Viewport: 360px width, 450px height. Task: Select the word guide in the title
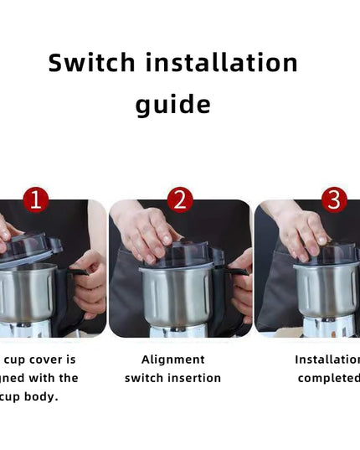173,106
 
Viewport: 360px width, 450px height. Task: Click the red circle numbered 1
34,199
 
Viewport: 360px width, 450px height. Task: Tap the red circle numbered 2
180,199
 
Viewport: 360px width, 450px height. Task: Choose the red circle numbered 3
334,199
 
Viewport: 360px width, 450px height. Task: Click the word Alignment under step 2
173,359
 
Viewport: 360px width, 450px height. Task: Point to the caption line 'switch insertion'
173,378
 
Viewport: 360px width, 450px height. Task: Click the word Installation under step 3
327,359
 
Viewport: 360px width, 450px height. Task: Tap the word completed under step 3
329,378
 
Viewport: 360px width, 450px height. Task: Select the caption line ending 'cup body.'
33,396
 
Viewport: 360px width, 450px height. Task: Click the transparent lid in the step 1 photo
29,249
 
